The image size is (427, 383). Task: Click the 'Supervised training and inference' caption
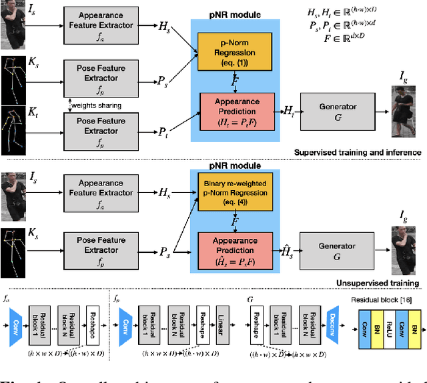pos(357,152)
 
